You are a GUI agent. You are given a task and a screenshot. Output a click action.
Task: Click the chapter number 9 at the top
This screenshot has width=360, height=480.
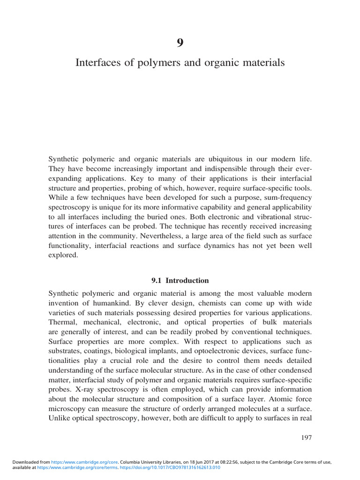180,43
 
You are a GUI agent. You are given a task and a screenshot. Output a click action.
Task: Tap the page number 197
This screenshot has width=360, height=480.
305,438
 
